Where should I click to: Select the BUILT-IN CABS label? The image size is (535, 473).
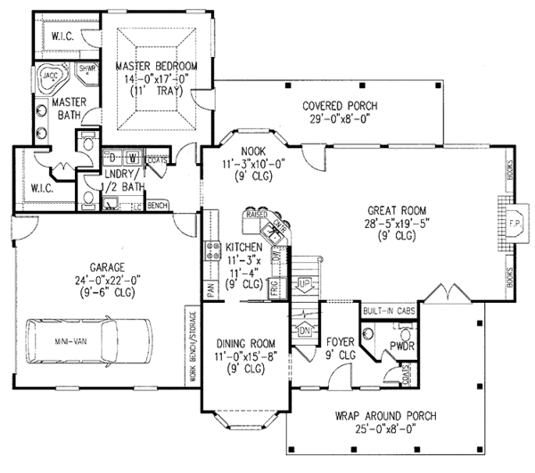pos(386,312)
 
